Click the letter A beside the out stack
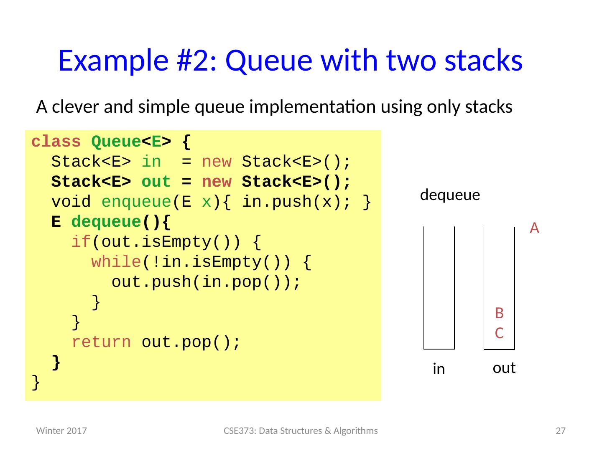coord(534,228)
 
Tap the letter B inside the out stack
coord(499,312)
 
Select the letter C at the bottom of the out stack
coord(499,333)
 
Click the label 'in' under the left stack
coord(439,369)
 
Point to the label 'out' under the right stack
coord(504,368)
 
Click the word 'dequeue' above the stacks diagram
coord(450,195)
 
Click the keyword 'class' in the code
coord(56,142)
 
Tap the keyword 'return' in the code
coord(101,342)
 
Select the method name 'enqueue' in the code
coord(136,202)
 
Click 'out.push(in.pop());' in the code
coord(206,282)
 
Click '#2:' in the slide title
coord(190,60)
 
